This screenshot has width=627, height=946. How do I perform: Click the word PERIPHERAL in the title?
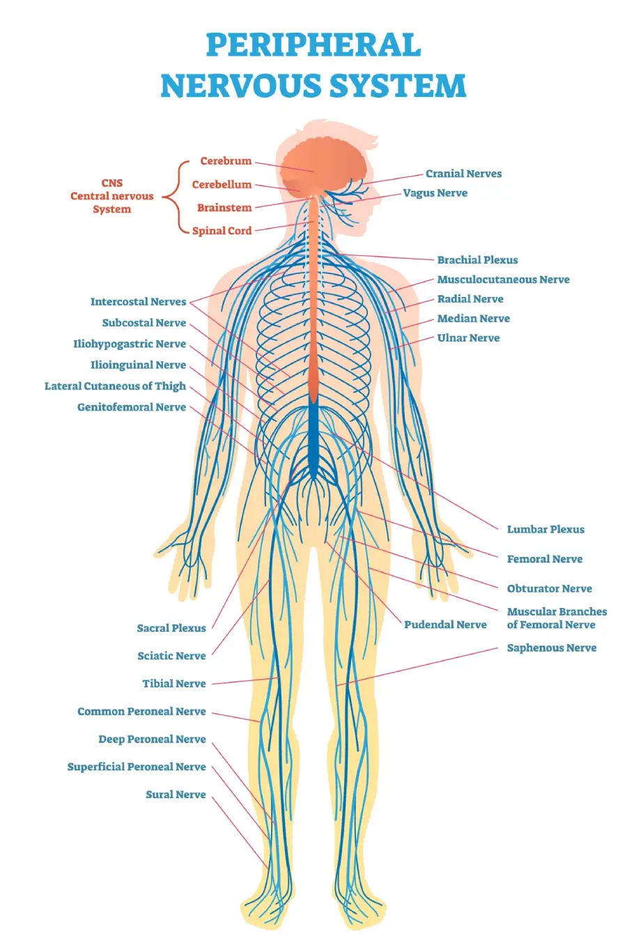(x=313, y=46)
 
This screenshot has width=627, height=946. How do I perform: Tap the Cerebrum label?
(x=226, y=161)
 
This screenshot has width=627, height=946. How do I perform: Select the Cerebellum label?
(x=222, y=185)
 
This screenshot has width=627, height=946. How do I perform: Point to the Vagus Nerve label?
(x=435, y=193)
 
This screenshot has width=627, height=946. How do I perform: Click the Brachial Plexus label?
(x=477, y=260)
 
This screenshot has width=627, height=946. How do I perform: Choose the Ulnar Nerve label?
(x=468, y=338)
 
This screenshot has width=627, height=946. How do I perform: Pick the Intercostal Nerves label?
(x=138, y=302)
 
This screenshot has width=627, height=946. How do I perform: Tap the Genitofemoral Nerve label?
(x=131, y=407)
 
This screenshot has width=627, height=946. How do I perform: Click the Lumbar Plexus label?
(x=545, y=529)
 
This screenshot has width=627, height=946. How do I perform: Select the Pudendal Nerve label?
(x=445, y=625)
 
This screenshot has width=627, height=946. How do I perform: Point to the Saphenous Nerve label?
(x=551, y=648)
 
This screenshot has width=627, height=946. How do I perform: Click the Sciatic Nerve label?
(x=171, y=656)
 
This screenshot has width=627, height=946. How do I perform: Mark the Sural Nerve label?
(x=176, y=795)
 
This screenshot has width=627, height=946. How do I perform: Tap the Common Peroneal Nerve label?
(x=141, y=712)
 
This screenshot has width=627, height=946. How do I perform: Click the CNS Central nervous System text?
(x=111, y=196)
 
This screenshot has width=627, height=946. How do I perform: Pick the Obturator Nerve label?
(x=549, y=588)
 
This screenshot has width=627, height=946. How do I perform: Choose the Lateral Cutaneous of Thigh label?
(x=115, y=386)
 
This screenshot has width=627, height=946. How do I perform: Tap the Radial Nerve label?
(x=470, y=299)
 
